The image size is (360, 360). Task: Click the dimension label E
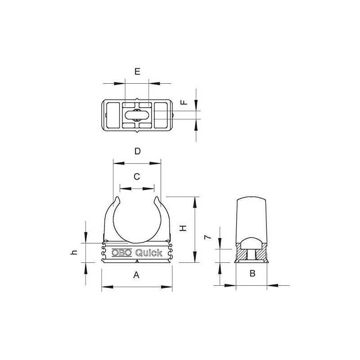[x=137, y=72]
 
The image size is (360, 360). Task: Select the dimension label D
[x=138, y=151]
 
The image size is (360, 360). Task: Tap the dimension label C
[x=137, y=177]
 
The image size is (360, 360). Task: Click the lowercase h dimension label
[x=75, y=253]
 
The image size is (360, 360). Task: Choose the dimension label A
[x=137, y=276]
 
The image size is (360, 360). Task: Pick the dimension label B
[x=252, y=273]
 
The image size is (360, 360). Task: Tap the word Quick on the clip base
[x=149, y=252]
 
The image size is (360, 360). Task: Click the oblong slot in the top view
[x=137, y=116]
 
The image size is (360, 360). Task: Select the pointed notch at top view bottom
[x=137, y=133]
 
